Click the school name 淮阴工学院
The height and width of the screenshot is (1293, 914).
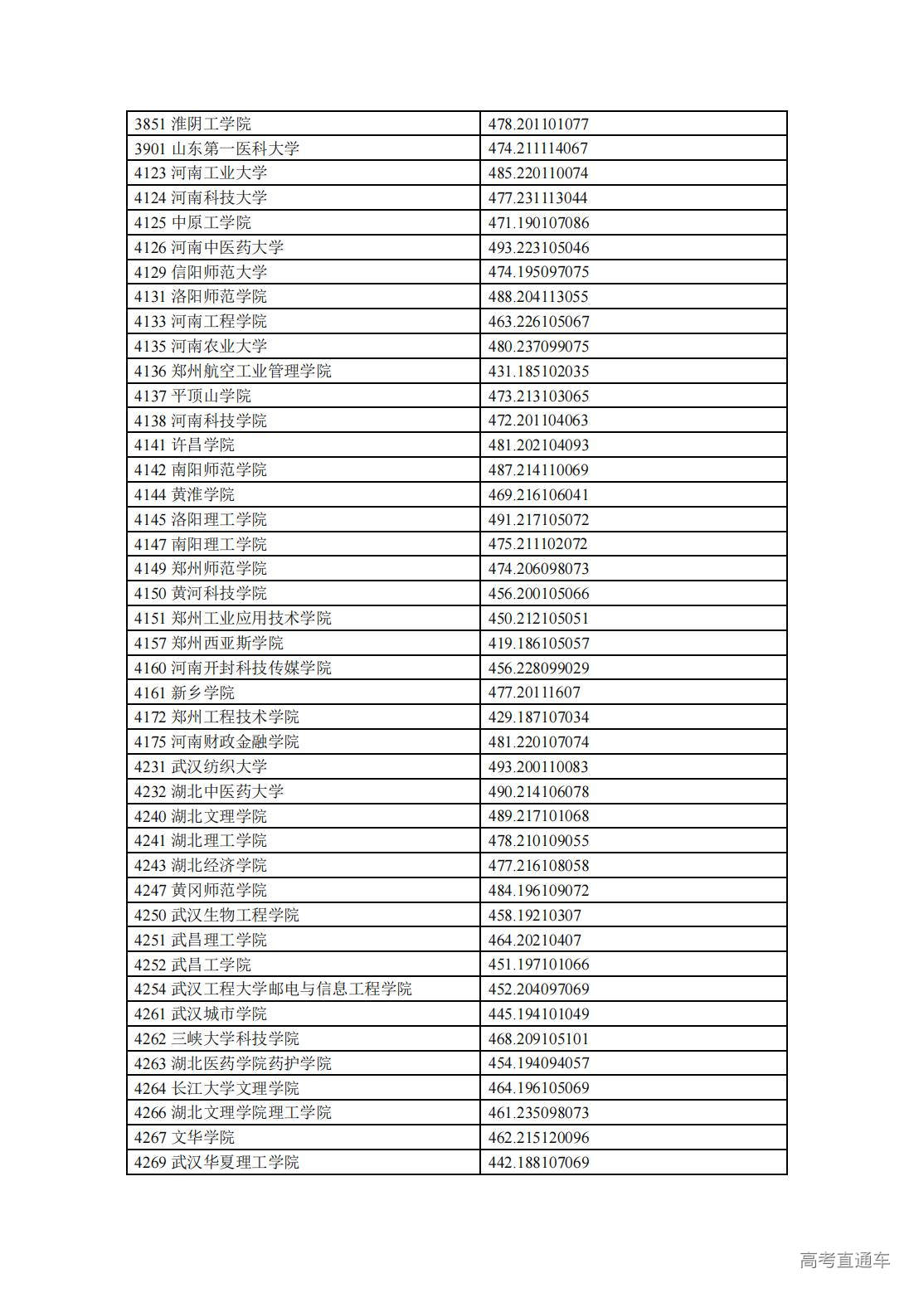[211, 124]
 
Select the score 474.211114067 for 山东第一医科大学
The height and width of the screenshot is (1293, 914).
[537, 148]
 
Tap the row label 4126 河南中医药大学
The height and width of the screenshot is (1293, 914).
[209, 247]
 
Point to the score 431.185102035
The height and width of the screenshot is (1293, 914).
[537, 371]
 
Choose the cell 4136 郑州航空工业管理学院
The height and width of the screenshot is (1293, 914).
[233, 371]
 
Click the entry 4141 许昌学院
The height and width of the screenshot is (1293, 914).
[184, 445]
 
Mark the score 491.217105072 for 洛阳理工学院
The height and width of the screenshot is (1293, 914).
[538, 519]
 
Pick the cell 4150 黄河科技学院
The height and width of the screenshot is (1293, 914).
[201, 594]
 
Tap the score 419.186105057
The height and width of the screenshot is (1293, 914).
[538, 643]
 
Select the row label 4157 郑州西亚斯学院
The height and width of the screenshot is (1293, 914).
[209, 643]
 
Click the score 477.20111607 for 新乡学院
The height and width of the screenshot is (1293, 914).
[534, 693]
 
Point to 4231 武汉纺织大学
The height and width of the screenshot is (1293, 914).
[201, 766]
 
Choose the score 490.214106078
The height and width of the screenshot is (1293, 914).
[538, 791]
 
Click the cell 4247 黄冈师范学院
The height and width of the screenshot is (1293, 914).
[201, 890]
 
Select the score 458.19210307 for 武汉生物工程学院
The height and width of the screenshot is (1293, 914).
[534, 915]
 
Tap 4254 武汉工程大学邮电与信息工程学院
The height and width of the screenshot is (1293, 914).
[273, 989]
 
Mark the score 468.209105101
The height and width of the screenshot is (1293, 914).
[538, 1038]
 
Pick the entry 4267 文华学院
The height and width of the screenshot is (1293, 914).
[184, 1137]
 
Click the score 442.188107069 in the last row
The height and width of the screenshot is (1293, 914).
[538, 1162]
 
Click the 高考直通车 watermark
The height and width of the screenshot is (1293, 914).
[844, 1260]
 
